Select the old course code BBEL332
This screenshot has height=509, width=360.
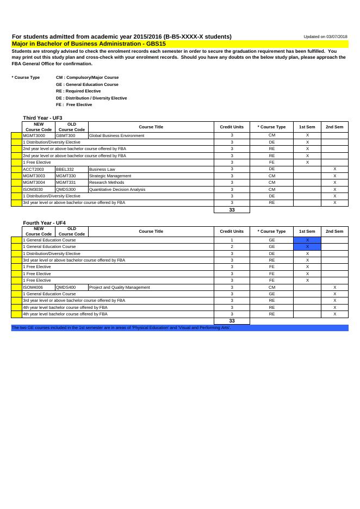[x=65, y=169]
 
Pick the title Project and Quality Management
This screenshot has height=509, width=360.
[x=119, y=287]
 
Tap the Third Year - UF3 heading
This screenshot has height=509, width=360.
[x=42, y=118]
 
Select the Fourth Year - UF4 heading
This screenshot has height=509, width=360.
[x=44, y=223]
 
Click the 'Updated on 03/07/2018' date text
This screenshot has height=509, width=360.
[x=325, y=36]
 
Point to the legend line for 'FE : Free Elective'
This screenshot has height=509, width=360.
[x=74, y=104]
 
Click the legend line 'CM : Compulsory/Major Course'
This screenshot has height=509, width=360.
[x=87, y=77]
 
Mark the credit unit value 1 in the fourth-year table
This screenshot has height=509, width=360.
[x=232, y=240]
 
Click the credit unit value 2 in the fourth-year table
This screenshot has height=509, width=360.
[x=232, y=246]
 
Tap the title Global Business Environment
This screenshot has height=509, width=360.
[x=116, y=135]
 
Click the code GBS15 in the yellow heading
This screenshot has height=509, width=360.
[x=157, y=43]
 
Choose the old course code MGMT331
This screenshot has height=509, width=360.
[x=65, y=183]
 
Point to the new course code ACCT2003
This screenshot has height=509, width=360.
[x=33, y=169]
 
